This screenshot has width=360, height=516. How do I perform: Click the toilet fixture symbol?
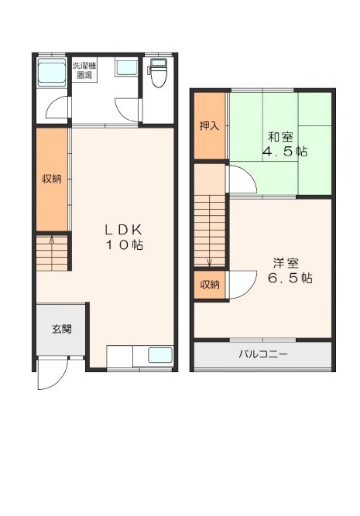(x=158, y=73)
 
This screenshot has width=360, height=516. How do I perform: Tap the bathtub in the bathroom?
(x=51, y=73)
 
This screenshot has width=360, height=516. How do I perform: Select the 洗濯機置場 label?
(x=84, y=70)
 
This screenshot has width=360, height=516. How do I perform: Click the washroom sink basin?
(x=126, y=67)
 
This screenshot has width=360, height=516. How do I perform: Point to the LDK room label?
(x=123, y=229)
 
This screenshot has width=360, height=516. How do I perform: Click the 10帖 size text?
(x=124, y=244)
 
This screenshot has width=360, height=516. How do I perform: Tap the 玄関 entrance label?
(x=62, y=329)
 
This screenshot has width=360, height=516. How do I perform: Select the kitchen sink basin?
(x=160, y=355)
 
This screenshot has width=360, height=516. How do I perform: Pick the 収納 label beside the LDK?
(x=52, y=179)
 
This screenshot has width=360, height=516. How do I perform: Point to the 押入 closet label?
(x=210, y=126)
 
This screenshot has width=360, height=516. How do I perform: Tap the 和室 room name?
(x=280, y=137)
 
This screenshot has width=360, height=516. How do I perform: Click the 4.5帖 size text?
(x=285, y=152)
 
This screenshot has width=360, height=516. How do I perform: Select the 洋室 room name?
(x=286, y=263)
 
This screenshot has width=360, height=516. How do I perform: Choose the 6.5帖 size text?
(x=290, y=279)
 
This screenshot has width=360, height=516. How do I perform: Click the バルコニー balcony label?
(x=263, y=354)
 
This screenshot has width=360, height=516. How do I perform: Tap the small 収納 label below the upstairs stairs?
(x=210, y=285)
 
